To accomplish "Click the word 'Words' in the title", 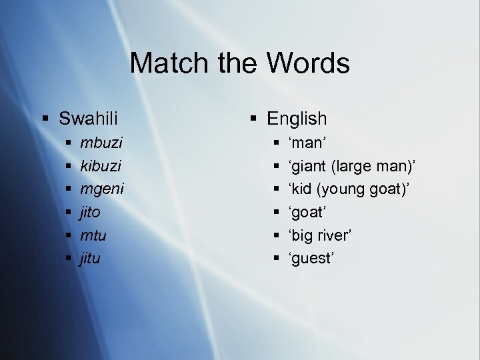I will point(309,64).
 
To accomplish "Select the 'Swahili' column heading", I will point(88,119).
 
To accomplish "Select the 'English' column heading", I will point(297,119).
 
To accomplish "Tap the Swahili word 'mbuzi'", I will point(101,143).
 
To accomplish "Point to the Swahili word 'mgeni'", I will point(102,189).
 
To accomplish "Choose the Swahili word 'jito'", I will point(90,212).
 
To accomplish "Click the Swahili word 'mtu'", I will point(93,235).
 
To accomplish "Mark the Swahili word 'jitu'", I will point(90,259).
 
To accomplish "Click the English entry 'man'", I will point(306,143).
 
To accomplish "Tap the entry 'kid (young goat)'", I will point(349,189).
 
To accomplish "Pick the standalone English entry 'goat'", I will point(307,212).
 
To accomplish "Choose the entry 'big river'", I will point(319,235).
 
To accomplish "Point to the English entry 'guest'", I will point(311,259).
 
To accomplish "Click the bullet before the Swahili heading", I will point(45,119).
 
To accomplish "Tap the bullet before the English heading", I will point(253,119).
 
